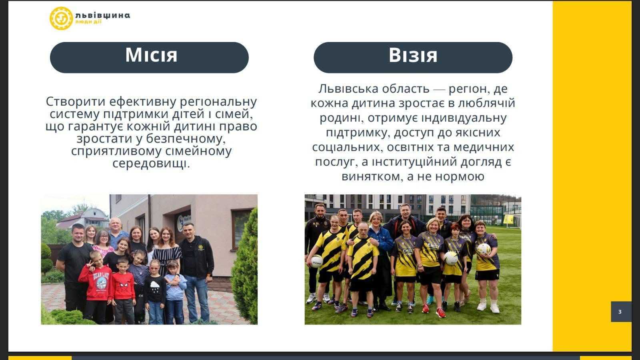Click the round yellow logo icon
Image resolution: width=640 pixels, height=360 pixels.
coord(61,18)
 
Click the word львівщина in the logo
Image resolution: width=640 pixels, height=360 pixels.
coord(103,15)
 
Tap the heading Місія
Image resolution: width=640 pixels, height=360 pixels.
coord(151,55)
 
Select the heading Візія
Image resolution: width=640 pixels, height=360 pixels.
coord(413,55)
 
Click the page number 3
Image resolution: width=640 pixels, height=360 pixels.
coord(620,312)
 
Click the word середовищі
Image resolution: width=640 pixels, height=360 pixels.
coord(151,164)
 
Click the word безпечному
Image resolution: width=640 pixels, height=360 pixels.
coord(186,139)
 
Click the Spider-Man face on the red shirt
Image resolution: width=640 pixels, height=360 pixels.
coord(124,286)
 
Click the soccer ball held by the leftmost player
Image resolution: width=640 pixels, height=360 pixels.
coord(316,261)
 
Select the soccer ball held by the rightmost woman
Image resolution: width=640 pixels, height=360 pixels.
coord(484,250)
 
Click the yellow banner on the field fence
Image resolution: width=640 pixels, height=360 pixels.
coord(508,219)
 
